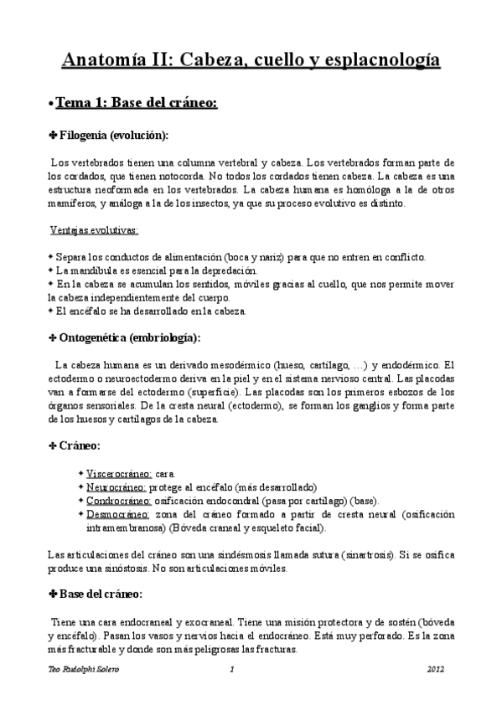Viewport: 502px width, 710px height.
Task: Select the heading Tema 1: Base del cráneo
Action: coord(136,103)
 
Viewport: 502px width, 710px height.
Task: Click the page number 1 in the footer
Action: coord(231,670)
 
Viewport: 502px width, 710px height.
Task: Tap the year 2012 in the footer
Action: coord(436,670)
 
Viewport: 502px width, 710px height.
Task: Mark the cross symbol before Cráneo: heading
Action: coord(53,446)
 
